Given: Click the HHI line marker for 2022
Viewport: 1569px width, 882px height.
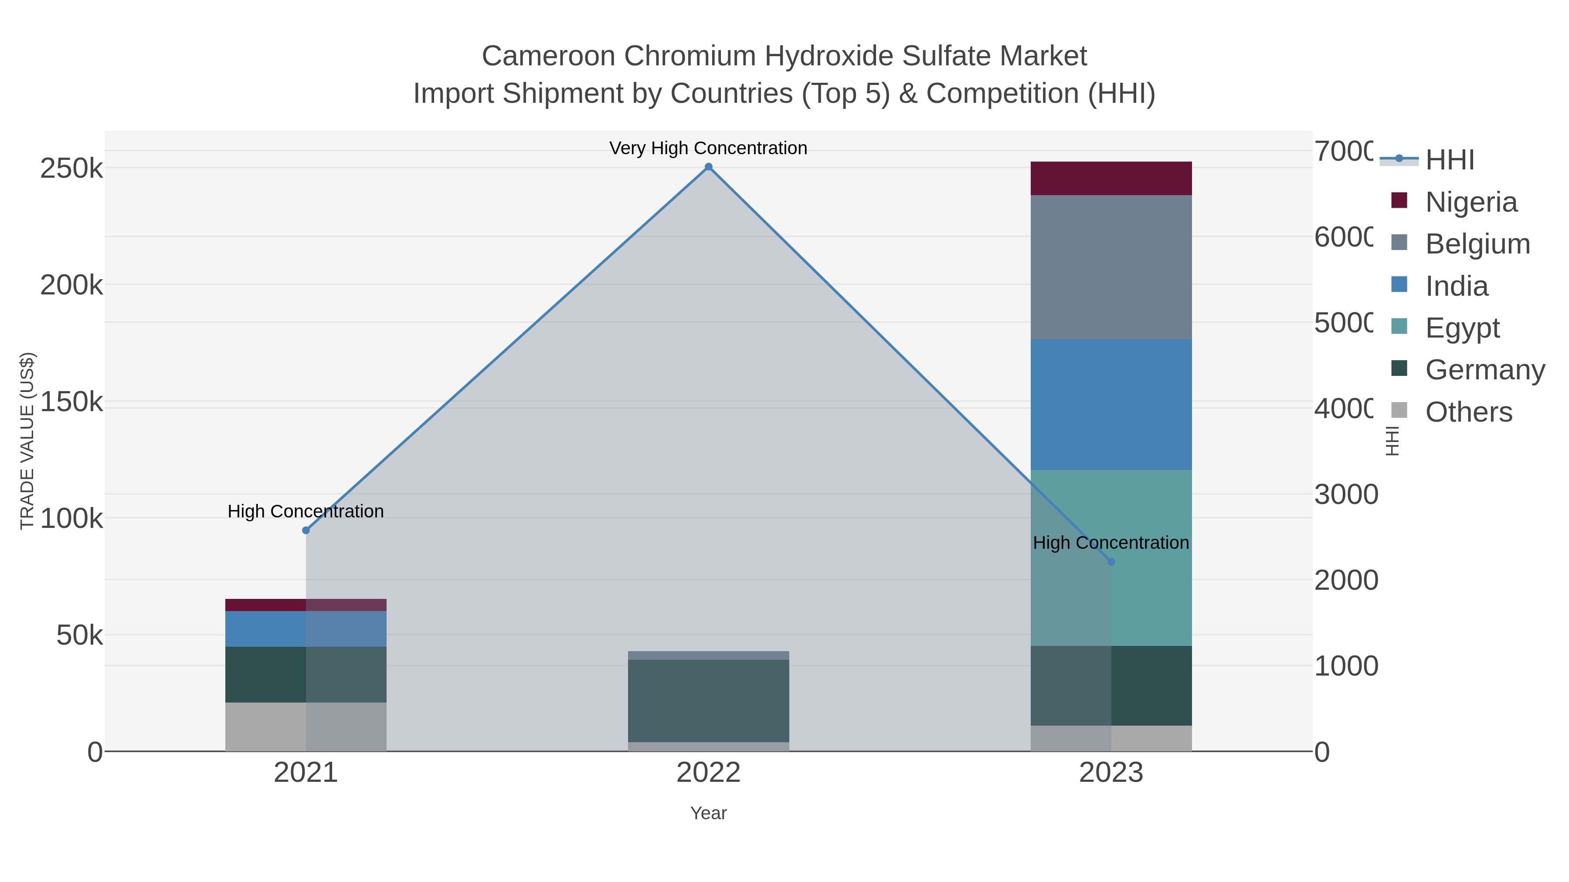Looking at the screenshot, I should click(708, 167).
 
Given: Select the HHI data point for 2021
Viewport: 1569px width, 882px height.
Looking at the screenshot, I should click(306, 530).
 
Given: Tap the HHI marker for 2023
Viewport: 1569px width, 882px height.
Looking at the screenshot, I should click(1111, 562).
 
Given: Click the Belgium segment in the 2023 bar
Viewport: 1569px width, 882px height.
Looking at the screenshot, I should click(1111, 267).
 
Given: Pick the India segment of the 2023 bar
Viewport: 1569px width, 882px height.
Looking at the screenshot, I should click(1111, 404).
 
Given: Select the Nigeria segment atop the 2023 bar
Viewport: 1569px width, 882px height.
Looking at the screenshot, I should click(1111, 178).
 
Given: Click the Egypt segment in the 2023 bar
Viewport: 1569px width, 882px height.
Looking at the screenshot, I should click(1151, 558).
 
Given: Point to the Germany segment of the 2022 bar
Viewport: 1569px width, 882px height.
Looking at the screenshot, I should click(708, 701).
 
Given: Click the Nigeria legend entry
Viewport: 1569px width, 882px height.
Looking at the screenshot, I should click(1471, 202).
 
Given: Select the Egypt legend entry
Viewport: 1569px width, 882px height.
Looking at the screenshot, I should click(1462, 328).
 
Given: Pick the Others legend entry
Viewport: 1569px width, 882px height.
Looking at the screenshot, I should click(1468, 412).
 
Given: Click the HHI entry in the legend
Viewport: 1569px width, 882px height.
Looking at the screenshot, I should click(1450, 160).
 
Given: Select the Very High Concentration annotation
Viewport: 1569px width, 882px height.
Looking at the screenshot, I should click(708, 148).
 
